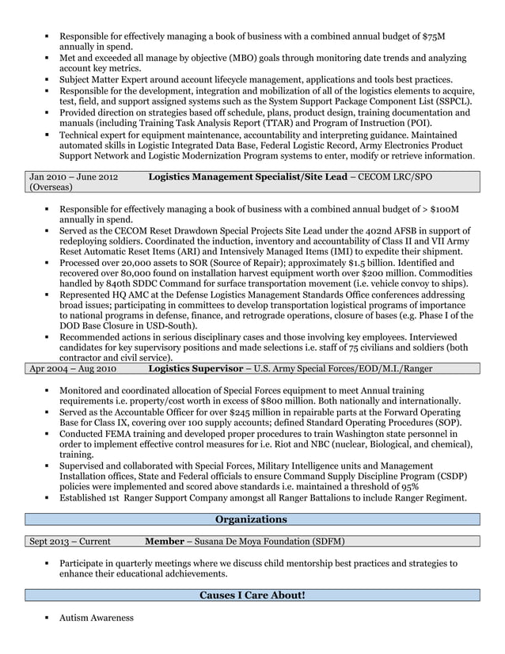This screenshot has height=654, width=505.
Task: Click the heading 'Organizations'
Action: (x=252, y=519)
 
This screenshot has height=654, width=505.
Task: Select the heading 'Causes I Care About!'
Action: (x=252, y=595)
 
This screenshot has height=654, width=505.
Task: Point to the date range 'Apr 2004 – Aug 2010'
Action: (x=74, y=368)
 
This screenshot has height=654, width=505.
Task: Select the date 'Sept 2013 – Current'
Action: (x=70, y=542)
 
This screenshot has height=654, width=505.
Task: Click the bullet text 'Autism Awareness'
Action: (x=97, y=618)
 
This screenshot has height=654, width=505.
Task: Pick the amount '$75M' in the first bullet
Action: (x=434, y=36)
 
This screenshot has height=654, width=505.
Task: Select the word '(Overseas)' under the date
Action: (x=51, y=188)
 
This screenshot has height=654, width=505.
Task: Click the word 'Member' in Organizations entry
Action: (x=167, y=542)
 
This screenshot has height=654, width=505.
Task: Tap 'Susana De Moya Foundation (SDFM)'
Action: (x=271, y=542)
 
